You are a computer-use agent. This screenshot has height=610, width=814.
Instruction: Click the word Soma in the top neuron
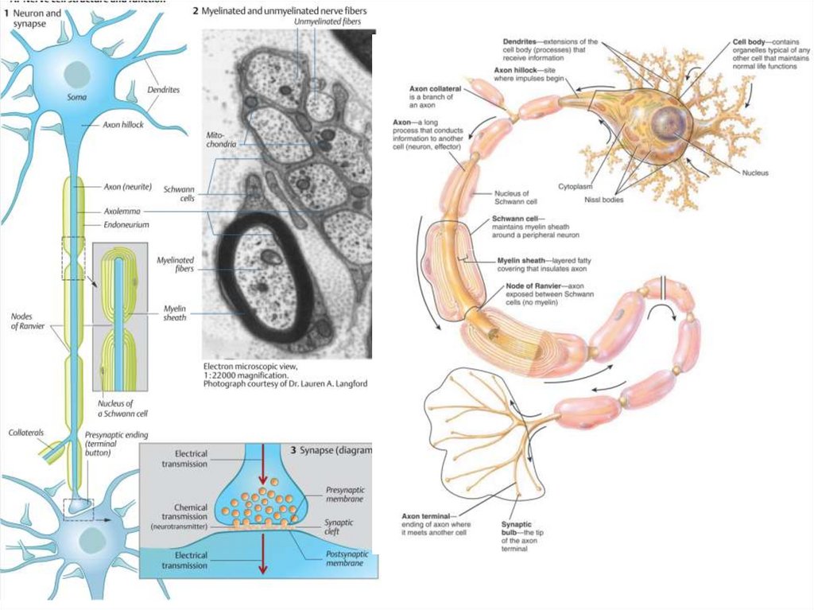(77, 98)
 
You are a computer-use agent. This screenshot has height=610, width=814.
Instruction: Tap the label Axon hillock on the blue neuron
(123, 125)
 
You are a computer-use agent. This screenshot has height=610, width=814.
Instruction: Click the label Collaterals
(26, 432)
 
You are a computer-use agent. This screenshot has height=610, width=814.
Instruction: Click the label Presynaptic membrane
(345, 495)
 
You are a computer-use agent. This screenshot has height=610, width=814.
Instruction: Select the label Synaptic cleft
(339, 527)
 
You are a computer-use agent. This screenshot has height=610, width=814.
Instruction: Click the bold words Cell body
(751, 41)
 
